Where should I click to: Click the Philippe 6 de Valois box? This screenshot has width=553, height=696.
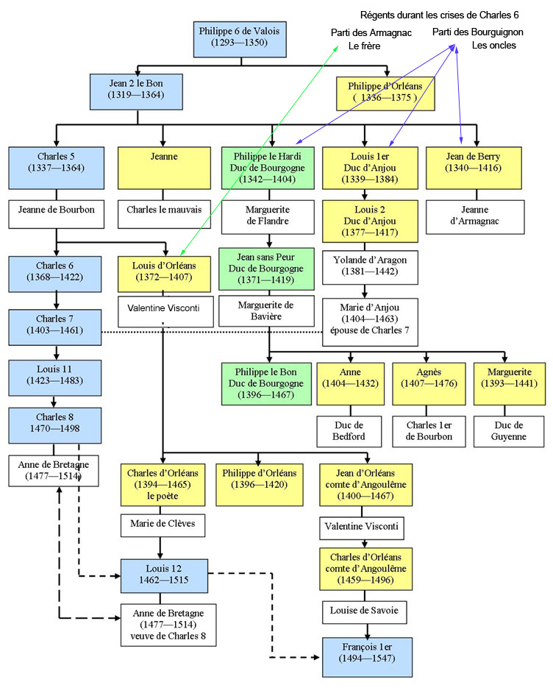point(238,38)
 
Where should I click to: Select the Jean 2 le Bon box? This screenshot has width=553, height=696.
point(135,89)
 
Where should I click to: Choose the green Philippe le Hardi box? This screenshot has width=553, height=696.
point(269,168)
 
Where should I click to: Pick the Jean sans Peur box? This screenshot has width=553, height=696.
point(266,269)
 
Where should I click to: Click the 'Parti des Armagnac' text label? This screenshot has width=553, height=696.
point(371,33)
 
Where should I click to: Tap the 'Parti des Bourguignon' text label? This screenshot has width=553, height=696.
point(478,32)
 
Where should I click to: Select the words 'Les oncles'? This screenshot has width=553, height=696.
point(494,45)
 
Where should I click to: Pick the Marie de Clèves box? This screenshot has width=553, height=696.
point(163,526)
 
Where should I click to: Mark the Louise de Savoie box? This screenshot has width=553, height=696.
point(365,612)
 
